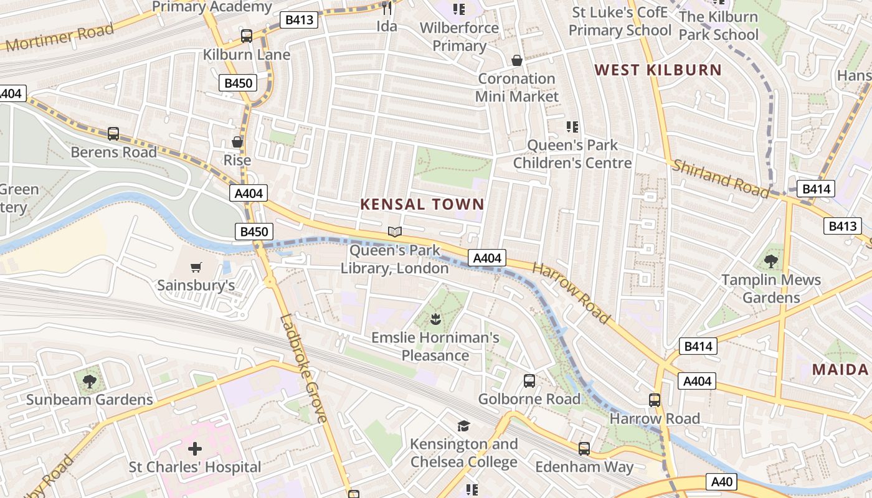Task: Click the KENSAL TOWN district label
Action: (422, 204)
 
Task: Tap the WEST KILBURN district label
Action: (658, 70)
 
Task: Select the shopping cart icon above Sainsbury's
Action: (196, 268)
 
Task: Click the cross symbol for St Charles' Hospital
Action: (195, 448)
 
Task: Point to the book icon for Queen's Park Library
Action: (394, 232)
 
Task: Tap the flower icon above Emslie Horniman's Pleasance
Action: (435, 320)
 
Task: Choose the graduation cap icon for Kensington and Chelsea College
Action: (463, 426)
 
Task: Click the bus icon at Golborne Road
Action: (529, 380)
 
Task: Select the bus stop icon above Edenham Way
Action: (584, 448)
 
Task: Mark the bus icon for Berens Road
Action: (113, 133)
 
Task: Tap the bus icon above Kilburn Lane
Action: (247, 36)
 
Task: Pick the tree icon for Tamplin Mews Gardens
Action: (770, 261)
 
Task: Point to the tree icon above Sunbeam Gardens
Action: (89, 381)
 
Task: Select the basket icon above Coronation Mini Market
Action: (516, 60)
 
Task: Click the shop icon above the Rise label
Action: (237, 142)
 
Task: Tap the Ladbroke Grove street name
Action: (303, 369)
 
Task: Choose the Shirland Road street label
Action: (721, 179)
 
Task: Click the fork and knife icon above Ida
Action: (387, 8)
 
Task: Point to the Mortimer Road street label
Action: (60, 37)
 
